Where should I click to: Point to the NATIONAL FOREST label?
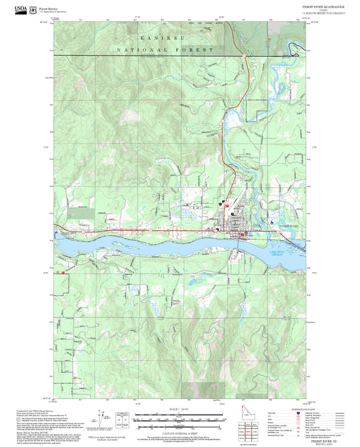165,51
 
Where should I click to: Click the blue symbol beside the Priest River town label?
272,222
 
